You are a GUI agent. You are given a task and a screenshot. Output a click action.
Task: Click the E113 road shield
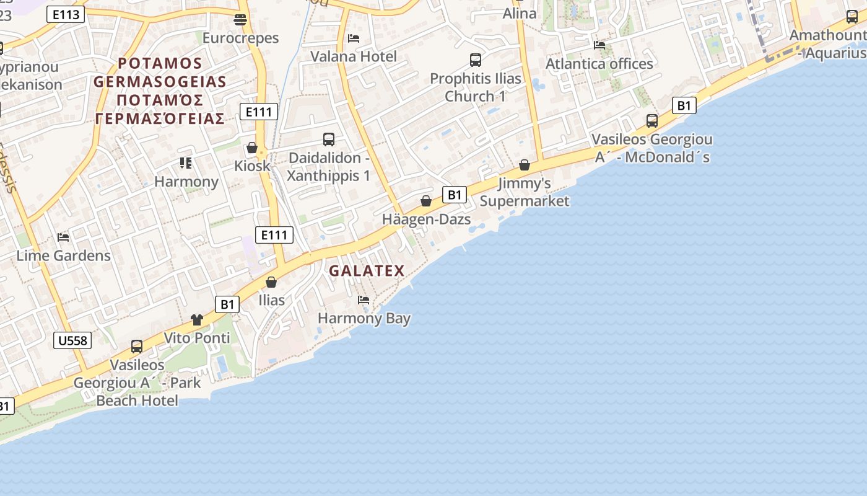click(x=65, y=14)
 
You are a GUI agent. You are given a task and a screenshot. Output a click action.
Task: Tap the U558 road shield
click(x=73, y=340)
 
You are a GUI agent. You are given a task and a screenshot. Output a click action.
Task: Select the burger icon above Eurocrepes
click(x=241, y=20)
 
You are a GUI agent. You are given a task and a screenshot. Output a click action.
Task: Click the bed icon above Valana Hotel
click(x=354, y=38)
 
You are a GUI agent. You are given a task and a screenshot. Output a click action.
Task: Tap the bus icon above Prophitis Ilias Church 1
click(x=476, y=60)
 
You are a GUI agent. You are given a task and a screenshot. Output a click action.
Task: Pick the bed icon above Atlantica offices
click(x=599, y=45)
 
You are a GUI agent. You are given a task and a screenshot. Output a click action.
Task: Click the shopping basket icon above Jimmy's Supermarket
click(x=525, y=165)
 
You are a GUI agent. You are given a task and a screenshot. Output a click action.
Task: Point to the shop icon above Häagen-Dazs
click(x=426, y=201)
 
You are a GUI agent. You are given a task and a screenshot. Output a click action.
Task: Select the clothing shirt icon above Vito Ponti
click(x=197, y=320)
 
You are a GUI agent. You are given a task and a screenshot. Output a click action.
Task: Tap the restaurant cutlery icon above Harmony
click(x=186, y=163)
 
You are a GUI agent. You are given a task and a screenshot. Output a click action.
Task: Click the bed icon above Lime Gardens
click(x=63, y=237)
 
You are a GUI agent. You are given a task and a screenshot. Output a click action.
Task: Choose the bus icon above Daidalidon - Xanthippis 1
click(x=329, y=139)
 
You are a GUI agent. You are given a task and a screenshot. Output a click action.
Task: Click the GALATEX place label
click(x=367, y=271)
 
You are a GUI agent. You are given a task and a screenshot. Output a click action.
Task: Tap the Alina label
click(x=520, y=14)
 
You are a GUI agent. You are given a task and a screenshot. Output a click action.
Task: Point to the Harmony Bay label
click(x=364, y=319)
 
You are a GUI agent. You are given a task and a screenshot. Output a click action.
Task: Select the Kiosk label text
click(x=253, y=166)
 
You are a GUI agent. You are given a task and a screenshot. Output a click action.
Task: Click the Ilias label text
click(x=272, y=301)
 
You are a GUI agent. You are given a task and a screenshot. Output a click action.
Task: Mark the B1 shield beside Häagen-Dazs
click(x=455, y=195)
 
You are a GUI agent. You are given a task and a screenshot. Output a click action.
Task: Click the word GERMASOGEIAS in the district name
click(x=160, y=82)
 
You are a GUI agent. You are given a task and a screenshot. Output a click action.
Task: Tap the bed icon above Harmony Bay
click(x=364, y=300)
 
